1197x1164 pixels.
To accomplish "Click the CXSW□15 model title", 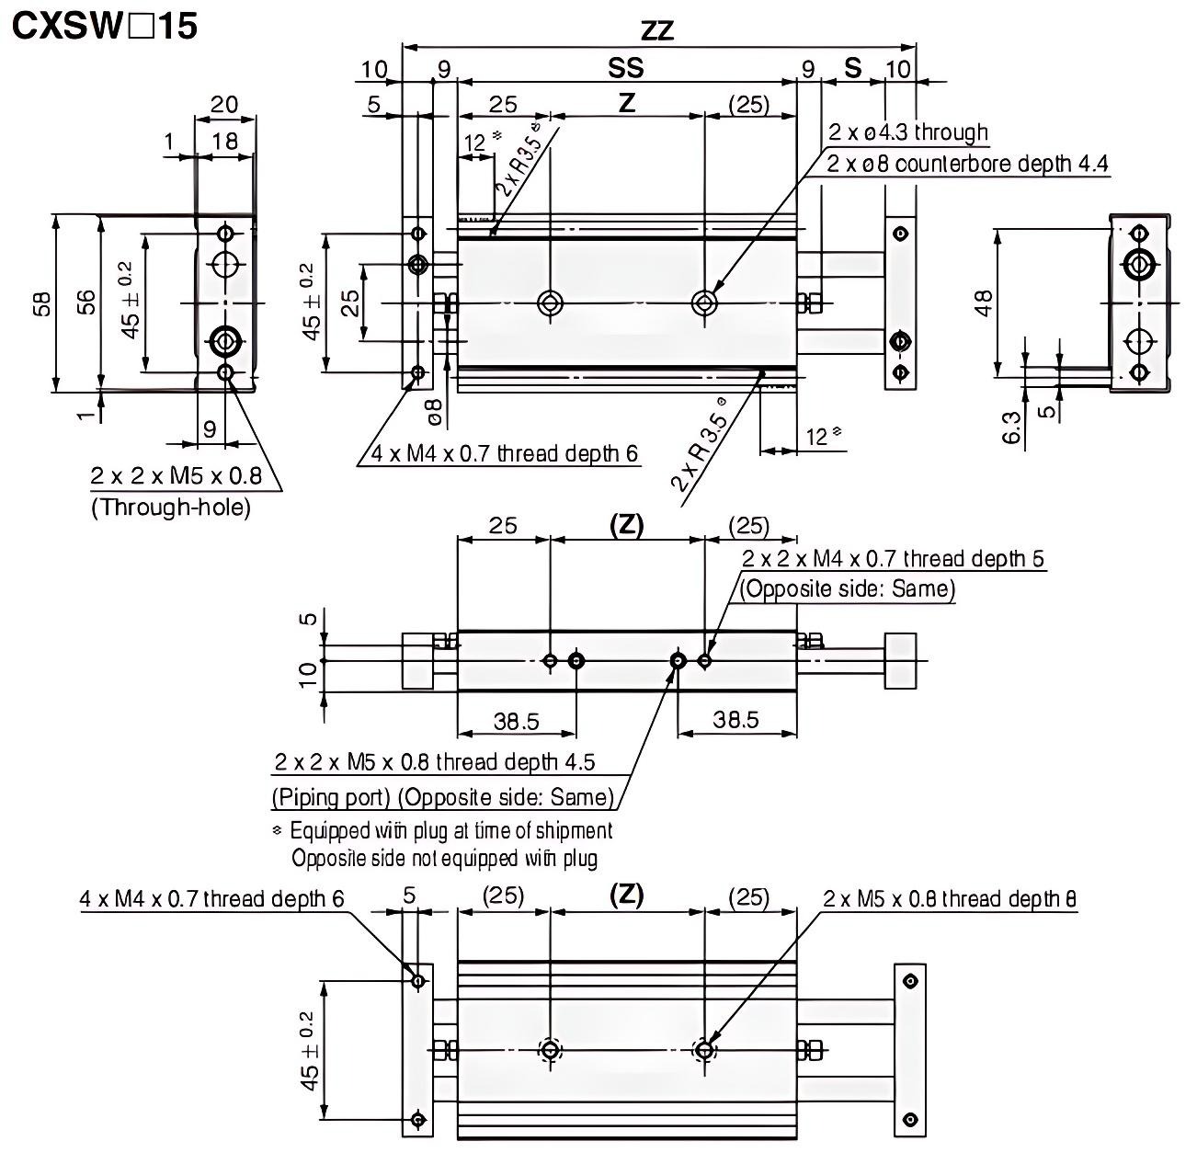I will (x=104, y=26).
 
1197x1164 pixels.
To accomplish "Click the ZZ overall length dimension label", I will (x=657, y=31).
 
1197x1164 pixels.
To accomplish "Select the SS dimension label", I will (x=626, y=67).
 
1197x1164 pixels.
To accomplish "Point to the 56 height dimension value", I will (x=85, y=304).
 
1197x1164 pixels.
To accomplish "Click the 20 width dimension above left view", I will (x=224, y=104).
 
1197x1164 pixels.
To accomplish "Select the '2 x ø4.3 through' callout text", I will (x=908, y=132).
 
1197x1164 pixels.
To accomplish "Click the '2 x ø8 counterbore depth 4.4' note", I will (x=967, y=164).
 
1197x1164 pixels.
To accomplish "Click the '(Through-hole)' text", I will (x=170, y=507).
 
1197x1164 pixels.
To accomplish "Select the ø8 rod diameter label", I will (x=436, y=412).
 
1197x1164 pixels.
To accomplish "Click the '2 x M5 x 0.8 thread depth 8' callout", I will (x=950, y=898).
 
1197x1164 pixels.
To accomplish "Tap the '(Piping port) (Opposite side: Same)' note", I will (x=442, y=796).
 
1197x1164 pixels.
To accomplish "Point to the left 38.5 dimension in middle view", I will (x=516, y=721).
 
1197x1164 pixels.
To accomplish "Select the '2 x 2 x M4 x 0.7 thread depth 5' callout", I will (x=893, y=559).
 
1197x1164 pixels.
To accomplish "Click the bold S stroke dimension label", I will (x=853, y=68).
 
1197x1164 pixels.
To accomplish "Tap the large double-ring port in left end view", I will (x=224, y=341).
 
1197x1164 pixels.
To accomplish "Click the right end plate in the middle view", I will (x=900, y=660).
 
